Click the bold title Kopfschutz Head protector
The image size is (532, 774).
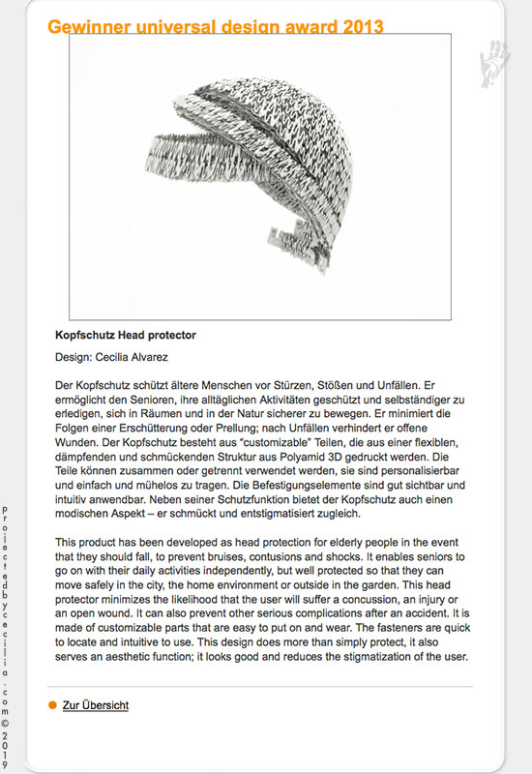point(127,335)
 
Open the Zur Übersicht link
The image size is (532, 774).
point(95,705)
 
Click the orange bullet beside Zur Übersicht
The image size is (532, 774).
point(52,705)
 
